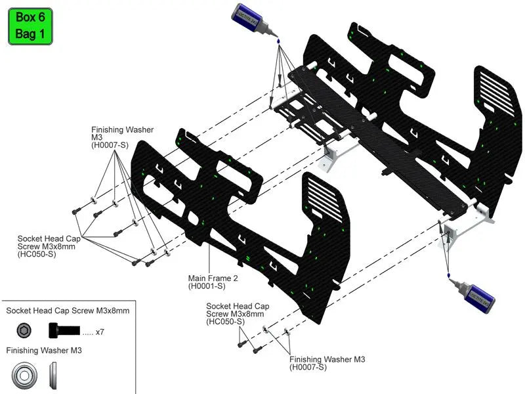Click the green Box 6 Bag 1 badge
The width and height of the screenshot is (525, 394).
[30, 26]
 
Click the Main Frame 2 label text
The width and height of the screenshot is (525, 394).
[213, 278]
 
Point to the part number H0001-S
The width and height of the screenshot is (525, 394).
[207, 286]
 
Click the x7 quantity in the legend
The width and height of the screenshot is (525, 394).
[100, 332]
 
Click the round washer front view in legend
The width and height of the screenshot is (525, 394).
[24, 376]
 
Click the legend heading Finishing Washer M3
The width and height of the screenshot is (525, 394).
[44, 351]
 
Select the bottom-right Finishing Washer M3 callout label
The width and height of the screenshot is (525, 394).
[327, 359]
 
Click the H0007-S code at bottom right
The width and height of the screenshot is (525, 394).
[308, 367]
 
